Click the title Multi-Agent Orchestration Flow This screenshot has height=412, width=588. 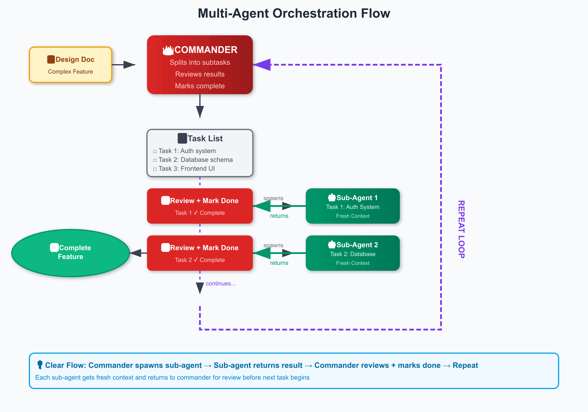pyautogui.click(x=294, y=14)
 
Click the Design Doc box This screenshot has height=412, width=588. pyautogui.click(x=71, y=65)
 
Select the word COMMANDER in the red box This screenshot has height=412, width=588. pyautogui.click(x=206, y=50)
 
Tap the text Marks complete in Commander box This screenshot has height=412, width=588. pyautogui.click(x=200, y=86)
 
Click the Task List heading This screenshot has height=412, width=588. pyautogui.click(x=205, y=138)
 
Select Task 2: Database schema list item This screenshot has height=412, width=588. pyautogui.click(x=196, y=160)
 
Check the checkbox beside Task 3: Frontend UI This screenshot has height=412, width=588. pyautogui.click(x=155, y=169)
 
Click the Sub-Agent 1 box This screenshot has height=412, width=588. pyautogui.click(x=353, y=206)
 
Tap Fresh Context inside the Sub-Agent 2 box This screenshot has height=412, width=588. pyautogui.click(x=353, y=263)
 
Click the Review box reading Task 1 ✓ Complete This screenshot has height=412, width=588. pyautogui.click(x=200, y=206)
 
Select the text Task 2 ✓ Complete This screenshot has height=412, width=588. pyautogui.click(x=200, y=260)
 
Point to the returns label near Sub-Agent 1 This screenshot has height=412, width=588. pyautogui.click(x=279, y=216)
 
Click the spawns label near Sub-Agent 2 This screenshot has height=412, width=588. pyautogui.click(x=273, y=245)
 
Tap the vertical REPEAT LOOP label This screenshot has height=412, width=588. pyautogui.click(x=461, y=230)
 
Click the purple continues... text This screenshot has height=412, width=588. pyautogui.click(x=220, y=284)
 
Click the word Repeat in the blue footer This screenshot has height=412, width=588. pyautogui.click(x=465, y=366)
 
